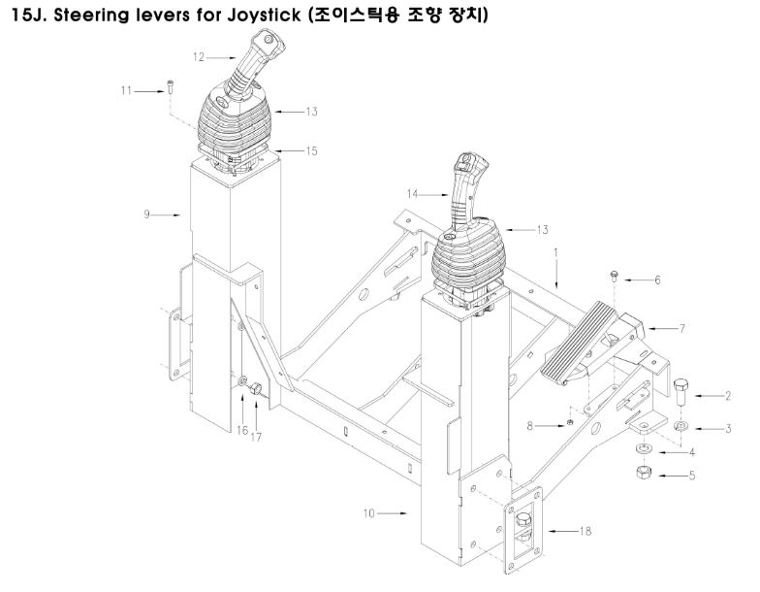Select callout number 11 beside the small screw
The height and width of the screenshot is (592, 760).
click(x=126, y=90)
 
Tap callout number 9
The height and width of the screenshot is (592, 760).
click(x=147, y=214)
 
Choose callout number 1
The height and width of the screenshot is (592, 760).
click(x=556, y=252)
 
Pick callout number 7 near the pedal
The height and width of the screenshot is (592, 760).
click(x=682, y=330)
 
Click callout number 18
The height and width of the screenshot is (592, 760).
click(x=586, y=530)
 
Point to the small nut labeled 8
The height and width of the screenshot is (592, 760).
click(x=573, y=423)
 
